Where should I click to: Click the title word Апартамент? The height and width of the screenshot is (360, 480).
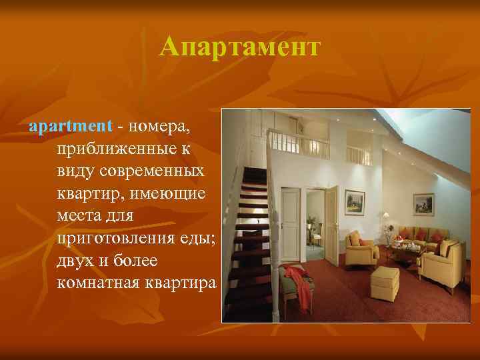240,47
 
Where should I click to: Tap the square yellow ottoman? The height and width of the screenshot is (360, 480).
385,283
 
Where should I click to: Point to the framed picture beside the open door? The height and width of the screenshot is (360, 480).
355,199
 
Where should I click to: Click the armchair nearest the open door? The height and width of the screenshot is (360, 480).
361,247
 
